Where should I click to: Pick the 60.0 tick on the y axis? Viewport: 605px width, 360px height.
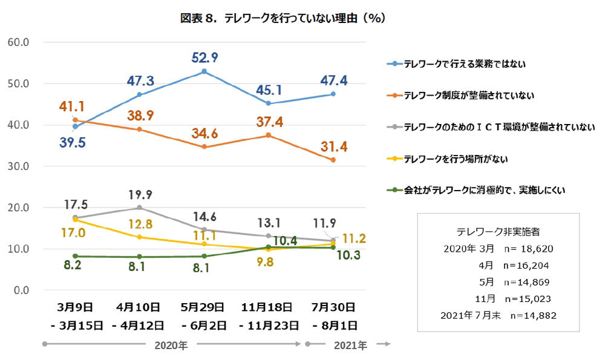(18, 42)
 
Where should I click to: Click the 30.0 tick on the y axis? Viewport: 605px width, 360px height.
(18, 166)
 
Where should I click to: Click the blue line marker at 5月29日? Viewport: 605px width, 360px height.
(204, 71)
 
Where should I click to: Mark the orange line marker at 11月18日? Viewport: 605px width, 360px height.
(268, 136)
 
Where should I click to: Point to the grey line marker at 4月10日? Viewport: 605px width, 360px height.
(140, 208)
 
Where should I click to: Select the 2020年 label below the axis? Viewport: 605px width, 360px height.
(171, 345)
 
